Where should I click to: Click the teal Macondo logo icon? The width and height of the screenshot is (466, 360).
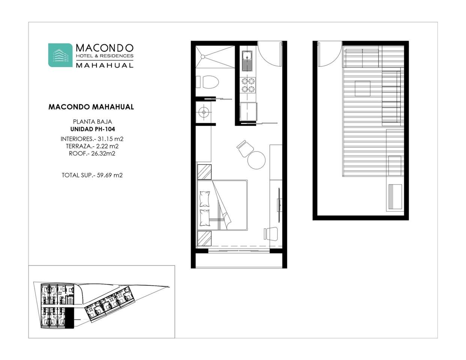point(60,55)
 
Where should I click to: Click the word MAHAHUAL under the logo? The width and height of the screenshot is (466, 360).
point(105,65)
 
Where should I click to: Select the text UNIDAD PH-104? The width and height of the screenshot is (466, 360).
point(93,129)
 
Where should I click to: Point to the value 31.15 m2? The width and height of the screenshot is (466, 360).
point(111,139)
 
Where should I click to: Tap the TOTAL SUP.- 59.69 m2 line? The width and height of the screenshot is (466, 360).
point(92,175)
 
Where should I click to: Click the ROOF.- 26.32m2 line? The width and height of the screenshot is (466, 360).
point(92,153)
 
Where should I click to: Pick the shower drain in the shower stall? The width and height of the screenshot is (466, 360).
point(203,57)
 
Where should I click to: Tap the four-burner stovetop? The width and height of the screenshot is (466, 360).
point(248,85)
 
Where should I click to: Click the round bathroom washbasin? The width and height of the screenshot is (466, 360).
point(203,112)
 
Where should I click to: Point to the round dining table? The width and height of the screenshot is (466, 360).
point(256,160)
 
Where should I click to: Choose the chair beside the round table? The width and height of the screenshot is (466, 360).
point(245,148)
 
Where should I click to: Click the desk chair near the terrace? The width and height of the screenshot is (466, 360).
point(271,233)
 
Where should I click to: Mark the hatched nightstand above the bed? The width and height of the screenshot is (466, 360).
point(204,172)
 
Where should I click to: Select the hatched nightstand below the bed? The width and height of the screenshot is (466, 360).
point(204,238)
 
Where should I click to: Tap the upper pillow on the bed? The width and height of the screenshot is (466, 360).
point(204,199)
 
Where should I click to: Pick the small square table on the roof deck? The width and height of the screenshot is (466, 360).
point(362,88)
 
